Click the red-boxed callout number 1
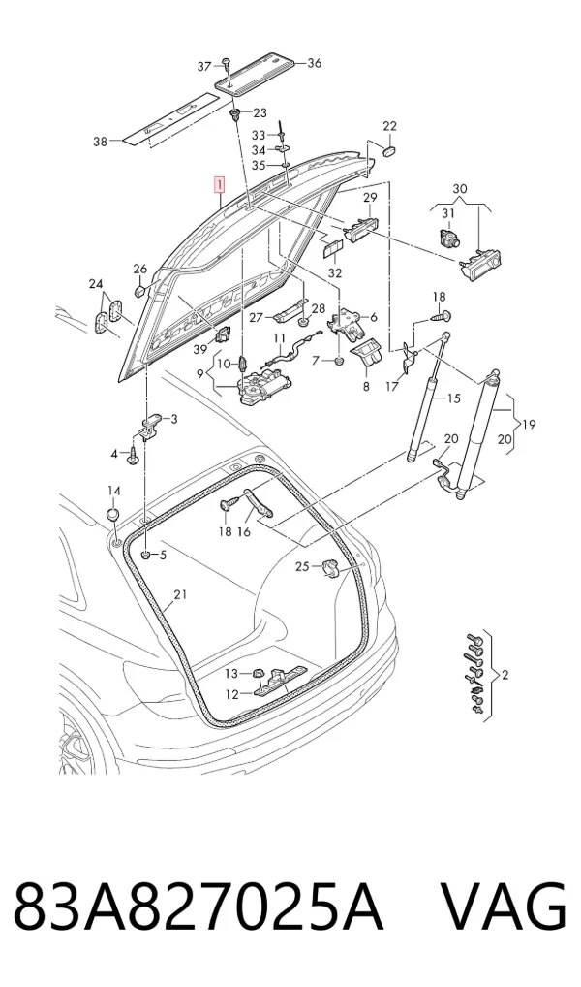coord(219,186)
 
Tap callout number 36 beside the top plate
coord(314,63)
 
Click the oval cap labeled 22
coord(390,151)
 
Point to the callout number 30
coord(460,189)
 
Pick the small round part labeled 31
coord(447,238)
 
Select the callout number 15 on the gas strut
coord(453,398)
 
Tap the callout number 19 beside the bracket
coord(529,425)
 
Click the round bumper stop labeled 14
coord(112,513)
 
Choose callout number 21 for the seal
coord(180,594)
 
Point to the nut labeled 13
coord(258,674)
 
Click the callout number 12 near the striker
coord(231,695)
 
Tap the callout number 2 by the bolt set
coord(505,676)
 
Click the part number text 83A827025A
coord(199,908)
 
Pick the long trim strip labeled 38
coord(168,119)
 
